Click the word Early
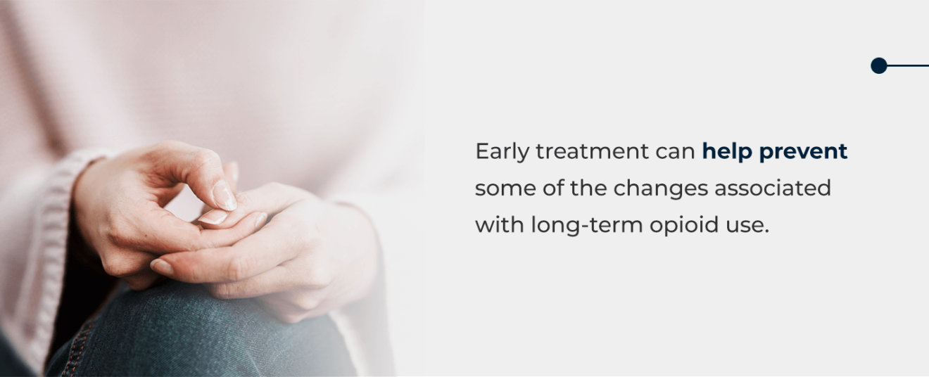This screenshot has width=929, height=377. (x=502, y=152)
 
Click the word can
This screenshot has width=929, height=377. (x=676, y=152)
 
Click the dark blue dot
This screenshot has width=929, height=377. (x=878, y=65)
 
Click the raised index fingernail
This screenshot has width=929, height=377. (x=225, y=196)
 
